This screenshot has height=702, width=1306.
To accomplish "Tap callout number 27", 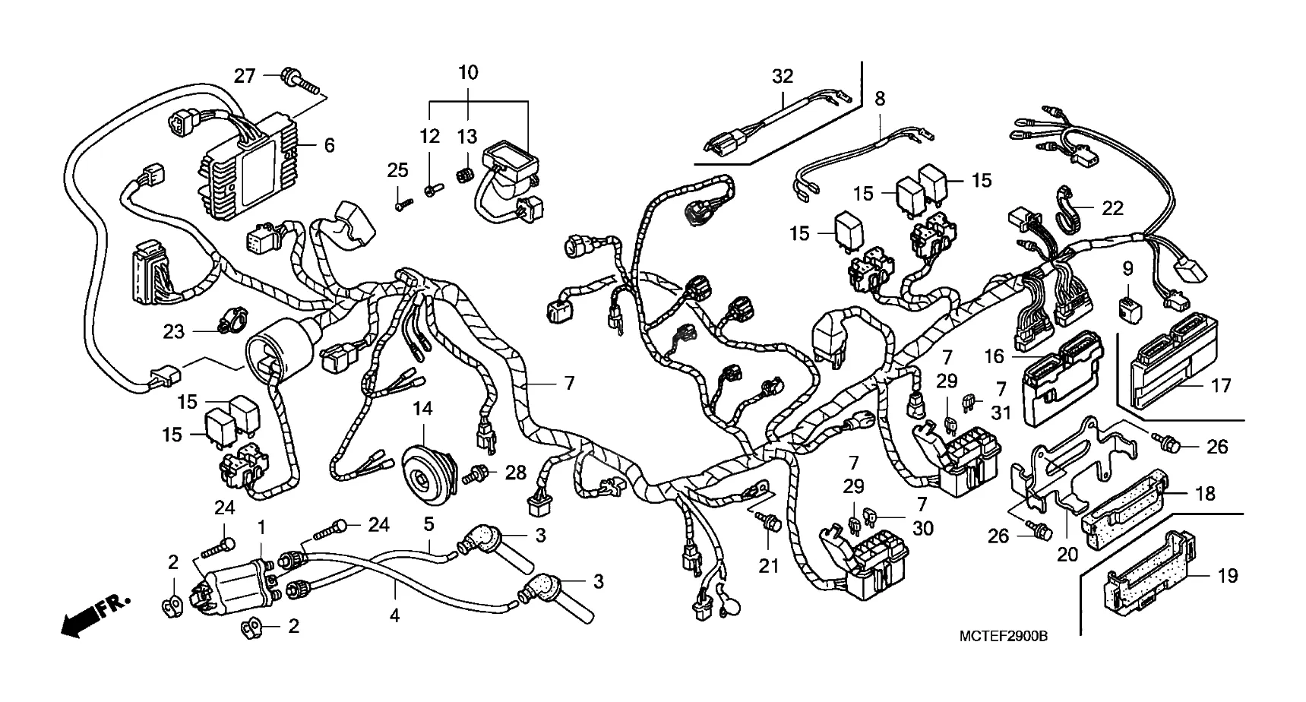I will click(244, 76).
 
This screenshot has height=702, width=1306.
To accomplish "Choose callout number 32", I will click(783, 76).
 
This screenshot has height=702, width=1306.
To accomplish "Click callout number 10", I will click(468, 73).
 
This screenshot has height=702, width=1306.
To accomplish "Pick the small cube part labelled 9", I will click(1128, 307).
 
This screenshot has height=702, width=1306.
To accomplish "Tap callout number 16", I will click(994, 355).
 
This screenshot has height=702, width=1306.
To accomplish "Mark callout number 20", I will click(1067, 555).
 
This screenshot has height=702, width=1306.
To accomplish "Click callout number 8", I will click(880, 99).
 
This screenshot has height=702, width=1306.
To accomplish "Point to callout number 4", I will click(394, 615).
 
